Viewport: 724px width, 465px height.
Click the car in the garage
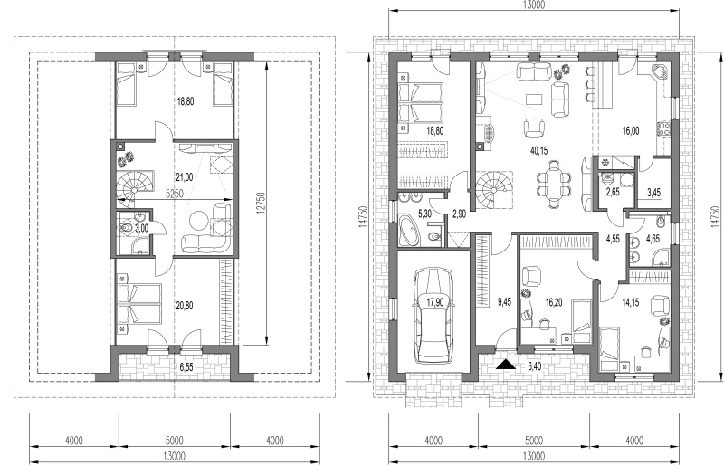point(433,317)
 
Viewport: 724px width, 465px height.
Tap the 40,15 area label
point(538,150)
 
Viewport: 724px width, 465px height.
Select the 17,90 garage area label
point(433,302)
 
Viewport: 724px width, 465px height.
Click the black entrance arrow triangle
point(506,365)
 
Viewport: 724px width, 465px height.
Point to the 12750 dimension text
point(262,204)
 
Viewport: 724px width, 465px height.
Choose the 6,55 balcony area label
point(186,367)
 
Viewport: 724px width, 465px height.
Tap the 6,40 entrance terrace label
point(534,366)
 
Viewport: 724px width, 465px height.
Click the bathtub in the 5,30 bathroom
point(410,231)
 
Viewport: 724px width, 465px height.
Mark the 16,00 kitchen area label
point(631,131)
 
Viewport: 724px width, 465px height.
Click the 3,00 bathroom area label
point(141,228)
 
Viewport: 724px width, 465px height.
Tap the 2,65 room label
point(613,192)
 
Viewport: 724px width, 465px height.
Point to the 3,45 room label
point(653,193)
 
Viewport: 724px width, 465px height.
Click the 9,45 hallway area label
point(504,303)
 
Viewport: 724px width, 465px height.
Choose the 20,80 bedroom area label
point(185,305)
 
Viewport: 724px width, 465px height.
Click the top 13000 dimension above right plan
point(534,5)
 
